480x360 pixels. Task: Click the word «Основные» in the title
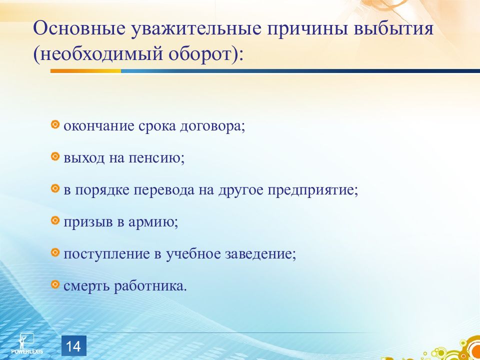coord(79,28)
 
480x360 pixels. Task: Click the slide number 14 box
coord(74,345)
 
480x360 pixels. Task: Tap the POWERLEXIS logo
coord(27,343)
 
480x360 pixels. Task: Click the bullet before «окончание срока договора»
coord(55,124)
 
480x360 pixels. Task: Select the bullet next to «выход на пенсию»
coord(55,156)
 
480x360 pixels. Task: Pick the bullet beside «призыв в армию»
coord(55,220)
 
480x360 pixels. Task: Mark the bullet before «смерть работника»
coord(55,284)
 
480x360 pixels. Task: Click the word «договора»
coord(213,126)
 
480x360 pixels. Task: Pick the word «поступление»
coord(106,254)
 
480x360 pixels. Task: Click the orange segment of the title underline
coord(85,71)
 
